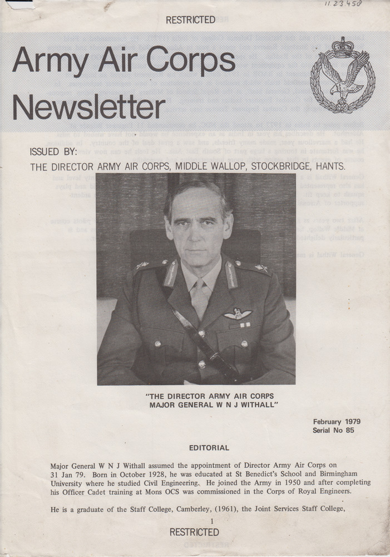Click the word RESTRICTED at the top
pos(190,20)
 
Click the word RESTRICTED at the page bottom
pos(194,532)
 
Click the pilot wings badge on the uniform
pos(238,314)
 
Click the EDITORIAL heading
pos(209,447)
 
